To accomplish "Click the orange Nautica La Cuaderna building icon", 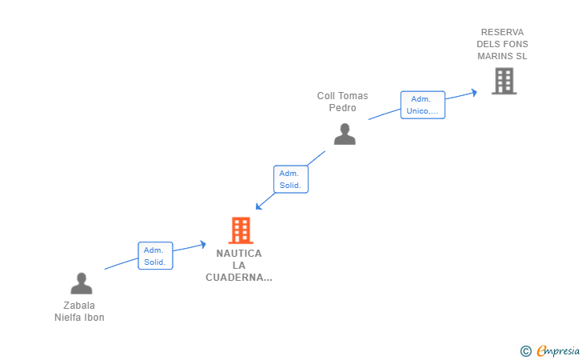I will pos(241,230).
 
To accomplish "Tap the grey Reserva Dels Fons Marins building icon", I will pos(504,81).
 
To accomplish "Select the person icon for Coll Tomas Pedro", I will pos(345,134).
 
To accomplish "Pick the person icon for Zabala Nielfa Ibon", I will pos(82,283).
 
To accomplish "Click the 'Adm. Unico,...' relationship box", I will pos(422,105).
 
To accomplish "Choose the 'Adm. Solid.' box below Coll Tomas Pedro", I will pos(290,179).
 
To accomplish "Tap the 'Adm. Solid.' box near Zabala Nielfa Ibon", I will pos(155,256).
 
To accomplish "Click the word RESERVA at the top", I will pos(502,32).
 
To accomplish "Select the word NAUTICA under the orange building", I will pos(238,253).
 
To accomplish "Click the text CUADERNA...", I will pos(238,278).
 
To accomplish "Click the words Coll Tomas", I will pos(342,96).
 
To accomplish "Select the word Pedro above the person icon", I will pos(342,108).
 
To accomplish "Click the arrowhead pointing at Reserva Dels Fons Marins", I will pos(474,92).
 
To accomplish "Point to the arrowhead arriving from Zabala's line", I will pos(203,244).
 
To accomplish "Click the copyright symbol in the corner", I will pos(525,350).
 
